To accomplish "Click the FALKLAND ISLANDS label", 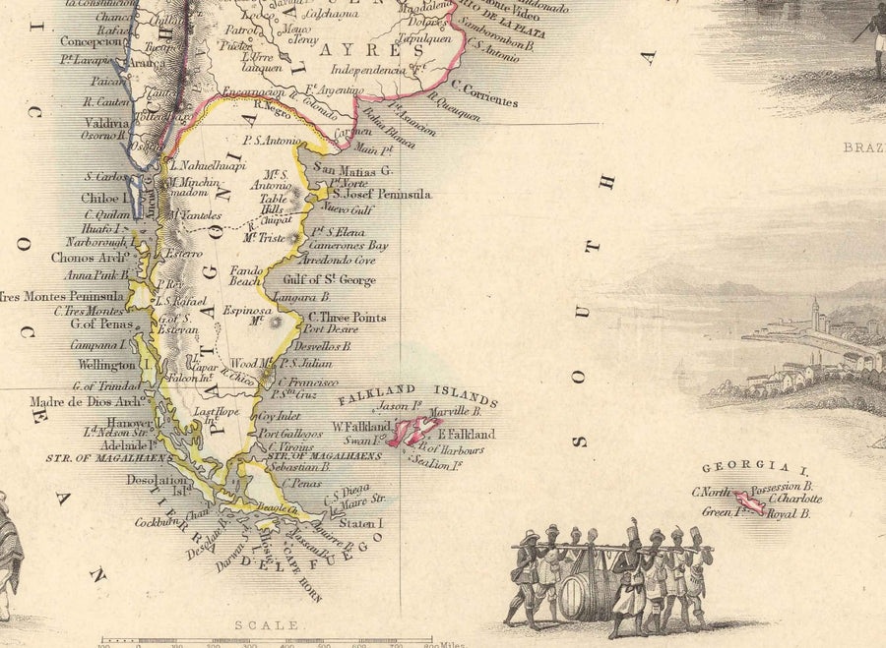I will tap(418, 396).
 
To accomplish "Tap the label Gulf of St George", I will tap(328, 280).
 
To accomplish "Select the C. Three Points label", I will tap(347, 318).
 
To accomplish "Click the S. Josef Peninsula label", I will tap(382, 195).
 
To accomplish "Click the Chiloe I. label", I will tap(105, 198).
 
